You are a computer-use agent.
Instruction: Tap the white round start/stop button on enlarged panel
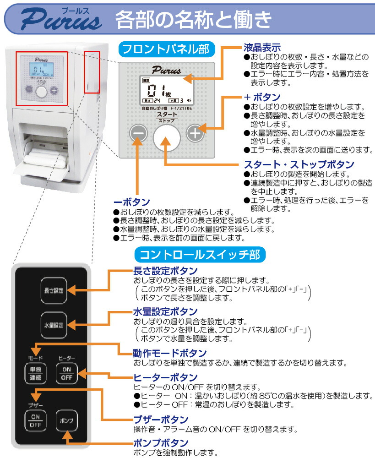167,136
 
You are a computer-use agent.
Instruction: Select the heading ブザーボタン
160,420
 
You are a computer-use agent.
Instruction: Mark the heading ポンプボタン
160,443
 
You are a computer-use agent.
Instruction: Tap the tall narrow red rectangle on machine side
92,72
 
